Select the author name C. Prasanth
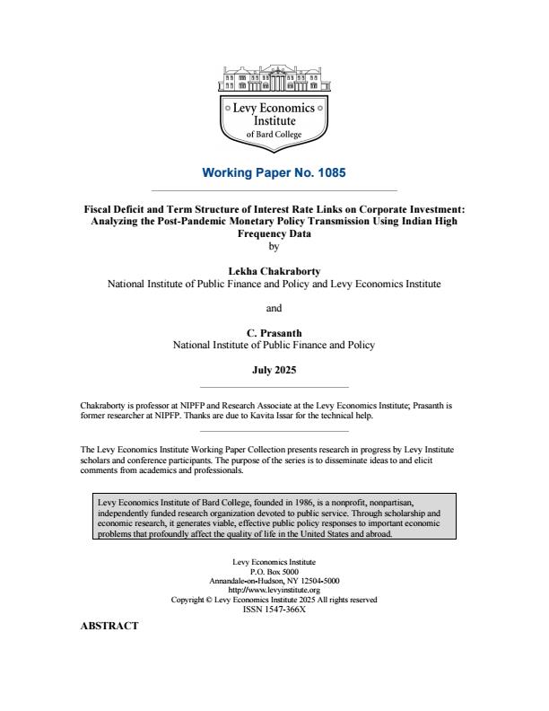274,332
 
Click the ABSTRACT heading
109,627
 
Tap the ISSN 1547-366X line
274,608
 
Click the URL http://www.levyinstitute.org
274,590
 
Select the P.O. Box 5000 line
274,571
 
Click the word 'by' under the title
274,244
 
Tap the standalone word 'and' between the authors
274,308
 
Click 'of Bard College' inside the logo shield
274,134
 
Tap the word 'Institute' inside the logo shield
274,120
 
